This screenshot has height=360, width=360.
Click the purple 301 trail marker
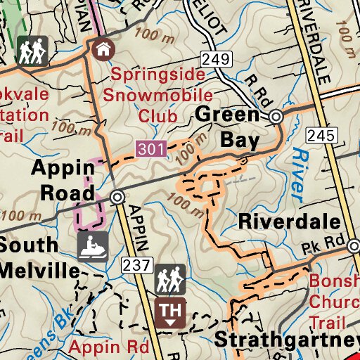(x=152, y=148)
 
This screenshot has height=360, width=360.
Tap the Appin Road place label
(x=62, y=180)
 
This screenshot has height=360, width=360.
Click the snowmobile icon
(x=92, y=247)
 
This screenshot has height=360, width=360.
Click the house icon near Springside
(x=103, y=49)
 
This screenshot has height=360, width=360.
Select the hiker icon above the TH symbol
(x=169, y=279)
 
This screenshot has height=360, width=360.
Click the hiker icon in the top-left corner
(x=32, y=51)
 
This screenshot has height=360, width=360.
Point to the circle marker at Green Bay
(x=276, y=116)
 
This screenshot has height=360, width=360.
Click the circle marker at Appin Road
(x=117, y=198)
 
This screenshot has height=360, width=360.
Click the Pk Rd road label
(x=325, y=248)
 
